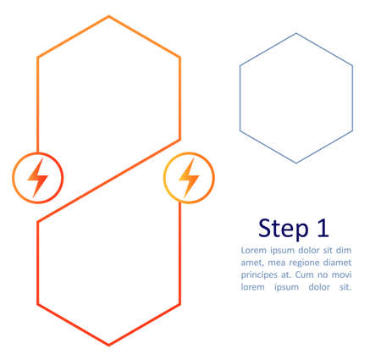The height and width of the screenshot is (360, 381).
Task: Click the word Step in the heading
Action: coord(284,228)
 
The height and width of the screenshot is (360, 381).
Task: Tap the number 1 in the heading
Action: coord(321,228)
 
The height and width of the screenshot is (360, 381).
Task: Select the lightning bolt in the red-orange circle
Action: coord(37,178)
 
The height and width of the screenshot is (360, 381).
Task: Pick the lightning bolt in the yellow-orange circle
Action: coord(189,178)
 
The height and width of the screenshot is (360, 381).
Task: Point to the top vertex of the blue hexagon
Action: coord(295,34)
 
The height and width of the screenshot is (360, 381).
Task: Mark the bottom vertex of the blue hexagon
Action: coord(295,163)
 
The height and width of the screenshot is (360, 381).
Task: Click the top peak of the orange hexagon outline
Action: coord(108,16)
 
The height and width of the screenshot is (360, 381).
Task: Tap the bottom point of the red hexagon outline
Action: coord(108,345)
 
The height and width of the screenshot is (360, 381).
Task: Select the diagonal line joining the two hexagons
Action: coord(108,180)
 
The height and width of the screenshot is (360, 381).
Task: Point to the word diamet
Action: coord(336,263)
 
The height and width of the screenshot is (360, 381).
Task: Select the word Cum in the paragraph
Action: coord(312,274)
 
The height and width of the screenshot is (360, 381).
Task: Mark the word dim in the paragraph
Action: coord(343,251)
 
